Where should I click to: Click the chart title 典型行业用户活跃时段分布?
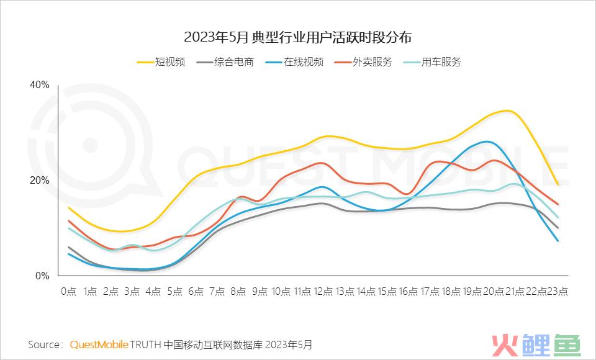(x=298, y=37)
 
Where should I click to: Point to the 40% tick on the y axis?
(x=39, y=85)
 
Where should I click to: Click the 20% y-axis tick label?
(x=39, y=181)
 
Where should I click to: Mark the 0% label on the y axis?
(x=42, y=276)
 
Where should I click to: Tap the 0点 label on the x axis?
(x=68, y=291)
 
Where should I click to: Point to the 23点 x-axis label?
(x=557, y=291)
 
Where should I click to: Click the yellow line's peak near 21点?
(x=508, y=110)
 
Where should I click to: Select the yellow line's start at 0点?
(x=68, y=207)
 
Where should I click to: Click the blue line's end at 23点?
(x=558, y=241)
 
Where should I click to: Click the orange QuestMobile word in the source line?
(x=99, y=343)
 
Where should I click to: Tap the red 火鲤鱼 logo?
(x=535, y=343)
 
